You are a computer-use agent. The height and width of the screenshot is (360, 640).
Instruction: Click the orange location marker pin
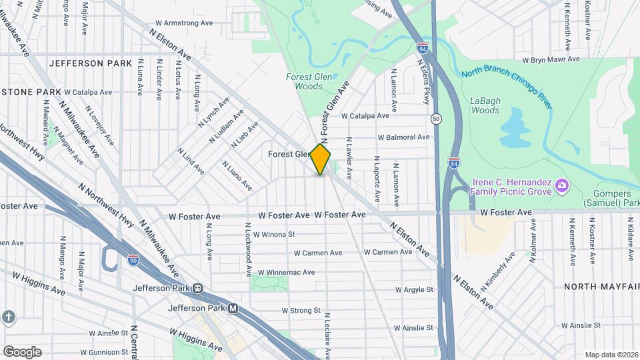tap(321, 159)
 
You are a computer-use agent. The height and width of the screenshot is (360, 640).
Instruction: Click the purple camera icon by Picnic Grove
tap(562, 184)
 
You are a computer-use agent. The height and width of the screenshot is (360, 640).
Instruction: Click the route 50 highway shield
tap(436, 119)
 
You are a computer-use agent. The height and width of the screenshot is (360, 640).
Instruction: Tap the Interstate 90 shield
tap(133, 258)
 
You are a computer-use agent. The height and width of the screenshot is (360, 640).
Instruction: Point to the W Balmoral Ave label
tap(403, 137)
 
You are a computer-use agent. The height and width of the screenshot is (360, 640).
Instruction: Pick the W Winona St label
tap(274, 235)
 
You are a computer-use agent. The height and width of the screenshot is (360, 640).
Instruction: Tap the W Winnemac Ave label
tap(290, 272)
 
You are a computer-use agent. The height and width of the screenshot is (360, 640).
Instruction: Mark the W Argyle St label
tap(414, 290)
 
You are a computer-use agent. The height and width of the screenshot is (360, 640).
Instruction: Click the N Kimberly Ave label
tap(497, 271)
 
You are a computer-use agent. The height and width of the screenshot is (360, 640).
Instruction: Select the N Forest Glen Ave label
tap(335, 113)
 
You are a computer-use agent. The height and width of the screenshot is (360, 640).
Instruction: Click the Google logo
tap(22, 351)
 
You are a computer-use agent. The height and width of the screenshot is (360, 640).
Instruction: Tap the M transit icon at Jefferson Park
tap(233, 309)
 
